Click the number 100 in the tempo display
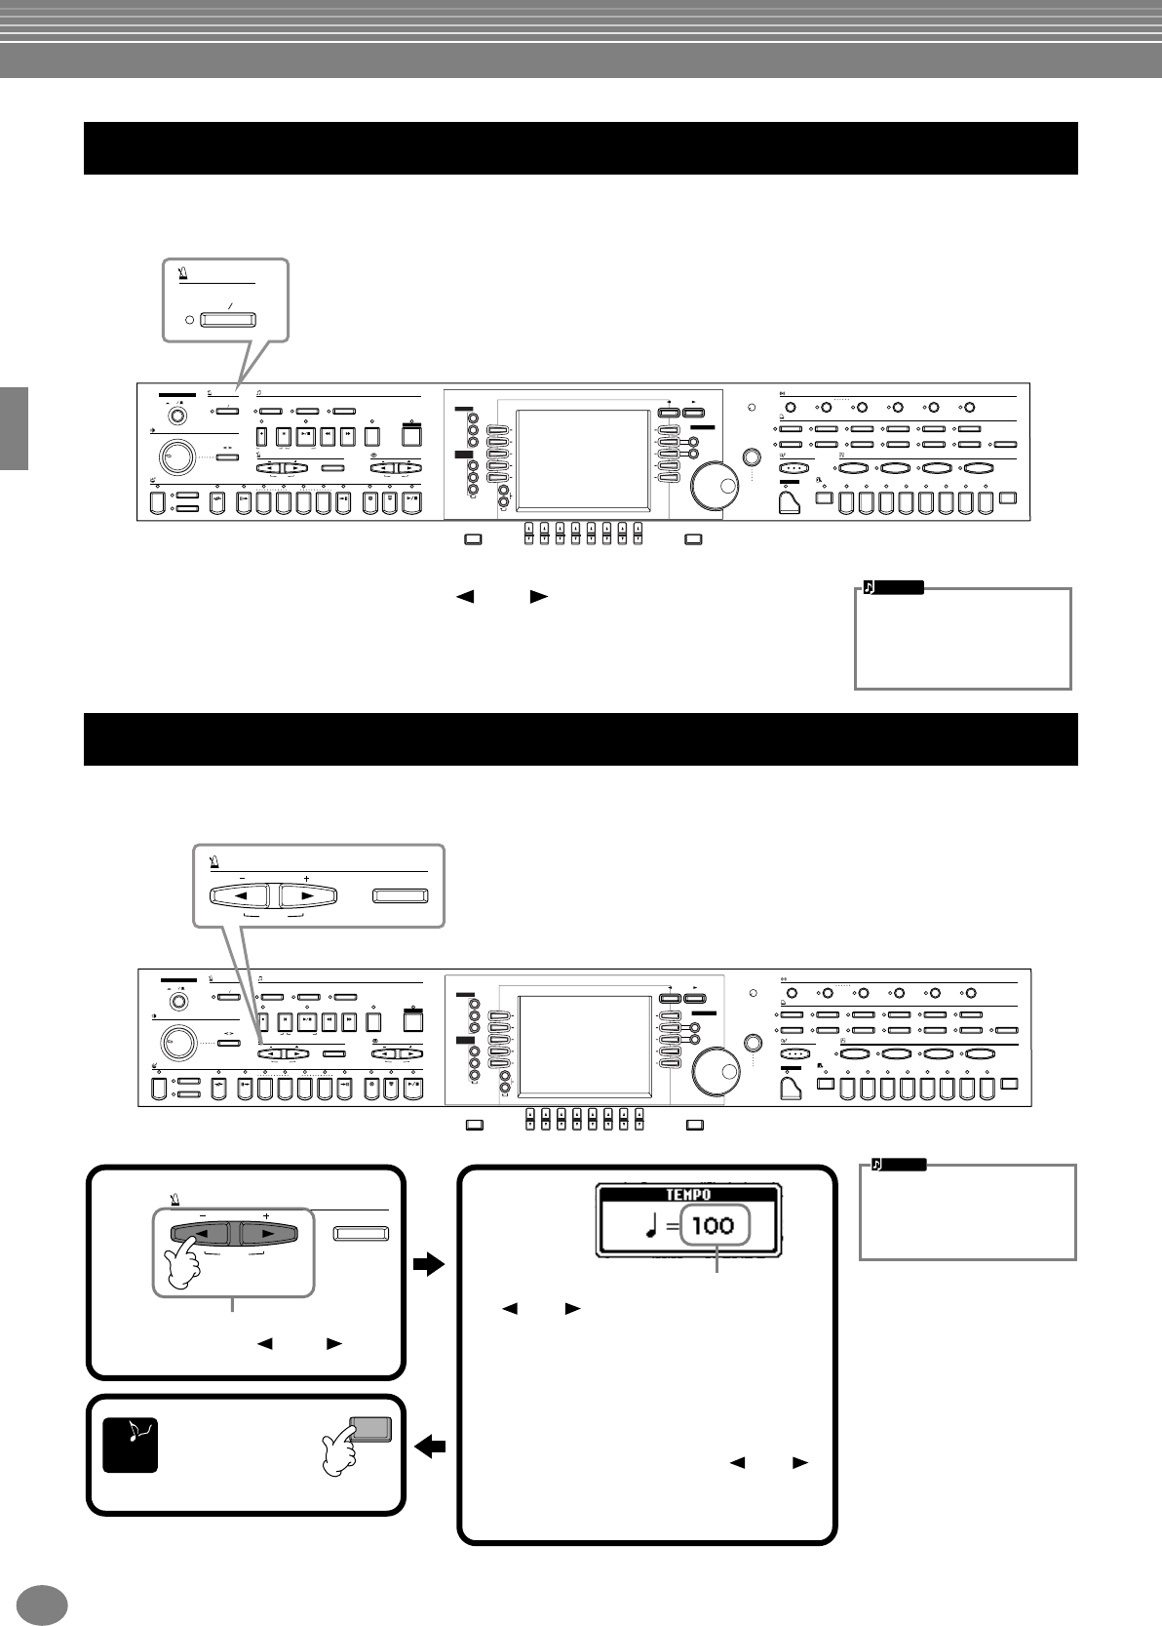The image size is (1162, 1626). [714, 1224]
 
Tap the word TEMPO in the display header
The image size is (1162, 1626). [688, 1194]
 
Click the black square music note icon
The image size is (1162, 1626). [130, 1445]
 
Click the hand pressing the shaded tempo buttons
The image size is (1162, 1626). [184, 1265]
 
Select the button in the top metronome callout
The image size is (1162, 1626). [227, 319]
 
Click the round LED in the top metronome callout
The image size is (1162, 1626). [190, 319]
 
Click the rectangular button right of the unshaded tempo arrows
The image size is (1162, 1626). [401, 895]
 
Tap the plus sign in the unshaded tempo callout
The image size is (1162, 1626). [306, 879]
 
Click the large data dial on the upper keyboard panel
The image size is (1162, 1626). [714, 485]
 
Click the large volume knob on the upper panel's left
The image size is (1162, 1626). [174, 456]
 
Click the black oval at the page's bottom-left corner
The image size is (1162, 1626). [41, 1605]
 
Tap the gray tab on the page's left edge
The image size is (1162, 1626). [14, 428]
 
